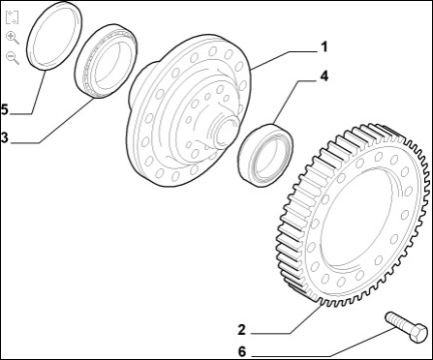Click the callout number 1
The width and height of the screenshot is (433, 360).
click(x=325, y=47)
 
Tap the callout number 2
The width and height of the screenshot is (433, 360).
click(x=241, y=330)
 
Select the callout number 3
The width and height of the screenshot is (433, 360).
click(x=4, y=137)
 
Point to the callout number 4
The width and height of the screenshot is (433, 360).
click(x=324, y=76)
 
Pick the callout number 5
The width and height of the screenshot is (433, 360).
click(x=4, y=109)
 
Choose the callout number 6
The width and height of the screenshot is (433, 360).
click(x=242, y=351)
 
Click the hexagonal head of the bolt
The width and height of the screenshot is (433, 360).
click(x=418, y=333)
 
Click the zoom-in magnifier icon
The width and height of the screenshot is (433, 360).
click(x=13, y=38)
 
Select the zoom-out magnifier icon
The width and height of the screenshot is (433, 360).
click(x=13, y=58)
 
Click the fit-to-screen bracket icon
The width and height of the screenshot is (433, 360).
click(x=13, y=17)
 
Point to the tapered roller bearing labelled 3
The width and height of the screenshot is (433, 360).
click(x=81, y=80)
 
